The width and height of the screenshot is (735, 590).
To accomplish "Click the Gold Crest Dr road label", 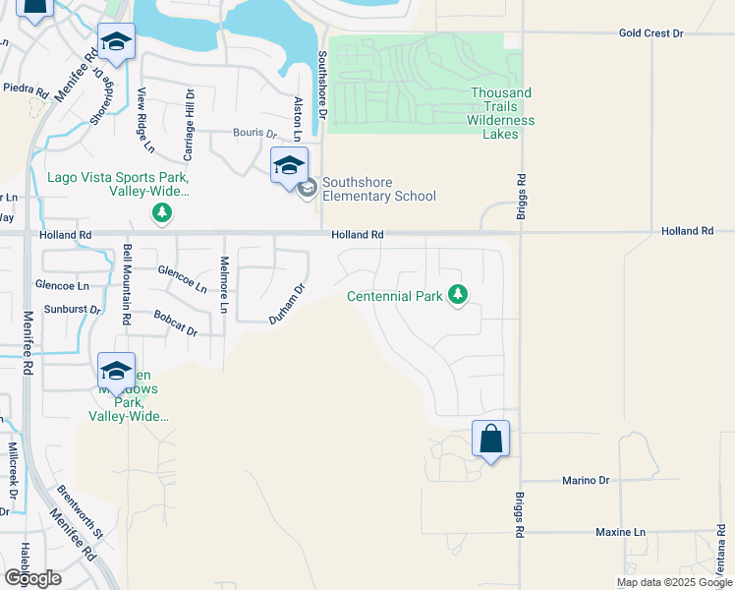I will coord(650,33).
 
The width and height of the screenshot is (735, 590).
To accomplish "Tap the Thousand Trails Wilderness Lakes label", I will coord(500,113).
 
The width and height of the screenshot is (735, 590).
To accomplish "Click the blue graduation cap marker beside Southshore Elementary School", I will coord(289,165).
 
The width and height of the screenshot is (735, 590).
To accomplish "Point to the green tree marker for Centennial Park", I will coord(457,294).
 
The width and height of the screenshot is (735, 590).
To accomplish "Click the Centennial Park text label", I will coord(395,296).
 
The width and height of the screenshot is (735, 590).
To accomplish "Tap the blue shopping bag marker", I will coord(490,439).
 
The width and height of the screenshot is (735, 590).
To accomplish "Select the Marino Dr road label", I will coord(586,480).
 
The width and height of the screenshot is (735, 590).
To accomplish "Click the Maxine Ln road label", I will coord(621,532).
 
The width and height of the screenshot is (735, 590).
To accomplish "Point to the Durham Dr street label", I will coord(289,304).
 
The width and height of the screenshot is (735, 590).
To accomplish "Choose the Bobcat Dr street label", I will coord(176,324).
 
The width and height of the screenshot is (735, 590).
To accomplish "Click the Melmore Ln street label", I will coord(224,285).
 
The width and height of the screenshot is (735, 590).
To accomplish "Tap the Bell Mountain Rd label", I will coord(127,285).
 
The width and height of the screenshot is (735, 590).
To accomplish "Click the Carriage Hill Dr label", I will coord(190,125).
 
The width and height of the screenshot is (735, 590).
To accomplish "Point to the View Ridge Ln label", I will coord(145,120).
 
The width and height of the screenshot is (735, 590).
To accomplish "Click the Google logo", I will coord(32,577).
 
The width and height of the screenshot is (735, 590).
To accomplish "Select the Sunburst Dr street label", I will coord(68,309).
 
